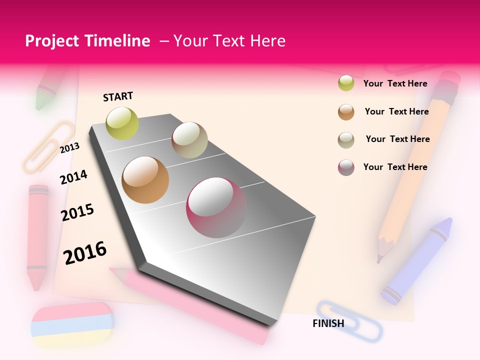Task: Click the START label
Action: pos(118,96)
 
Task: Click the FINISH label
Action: pos(328,323)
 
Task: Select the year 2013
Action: pos(69,147)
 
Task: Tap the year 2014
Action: pos(73,177)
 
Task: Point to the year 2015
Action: pos(77,212)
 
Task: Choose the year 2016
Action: pos(85,252)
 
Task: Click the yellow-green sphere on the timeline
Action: pos(122,123)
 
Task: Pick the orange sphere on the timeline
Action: pos(145,180)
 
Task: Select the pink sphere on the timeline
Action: pos(216,207)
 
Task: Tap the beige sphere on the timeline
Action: pos(189,140)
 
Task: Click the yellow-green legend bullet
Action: pos(346,83)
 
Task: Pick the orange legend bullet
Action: pos(346,111)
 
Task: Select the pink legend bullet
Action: pos(346,167)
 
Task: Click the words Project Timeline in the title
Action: pos(87,41)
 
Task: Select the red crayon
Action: pos(37,235)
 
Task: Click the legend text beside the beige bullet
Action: pos(397,139)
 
